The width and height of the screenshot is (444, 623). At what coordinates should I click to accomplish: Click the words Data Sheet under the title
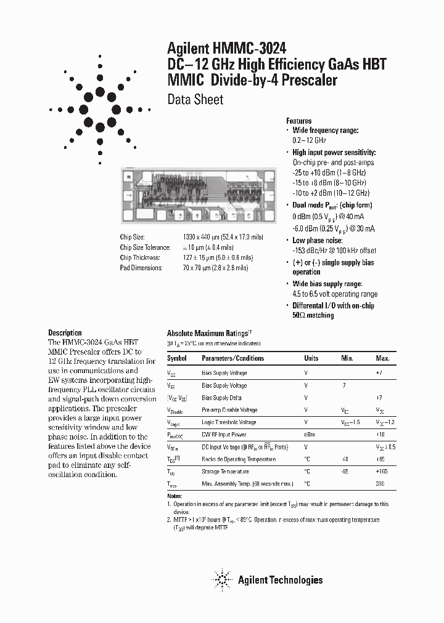[x=195, y=99]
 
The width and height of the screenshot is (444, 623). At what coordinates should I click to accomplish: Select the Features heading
[x=299, y=121]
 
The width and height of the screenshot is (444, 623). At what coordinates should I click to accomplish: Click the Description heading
[x=65, y=332]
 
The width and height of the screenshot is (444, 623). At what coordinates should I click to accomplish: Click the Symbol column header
[x=177, y=358]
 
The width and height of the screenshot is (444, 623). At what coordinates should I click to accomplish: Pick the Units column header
[x=311, y=358]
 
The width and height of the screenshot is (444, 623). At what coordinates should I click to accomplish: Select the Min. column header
[x=347, y=358]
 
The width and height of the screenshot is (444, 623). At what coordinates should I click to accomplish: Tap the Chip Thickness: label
[x=140, y=258]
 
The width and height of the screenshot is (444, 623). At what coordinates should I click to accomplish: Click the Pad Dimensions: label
[x=141, y=268]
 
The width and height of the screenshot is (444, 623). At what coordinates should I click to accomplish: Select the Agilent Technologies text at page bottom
[x=281, y=579]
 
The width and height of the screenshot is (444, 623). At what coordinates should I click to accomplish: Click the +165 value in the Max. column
[x=382, y=472]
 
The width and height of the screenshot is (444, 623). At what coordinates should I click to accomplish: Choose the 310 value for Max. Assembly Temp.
[x=380, y=484]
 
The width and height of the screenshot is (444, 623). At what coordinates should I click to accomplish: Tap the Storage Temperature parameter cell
[x=226, y=472]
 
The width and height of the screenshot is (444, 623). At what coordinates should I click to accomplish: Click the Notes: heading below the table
[x=175, y=496]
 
